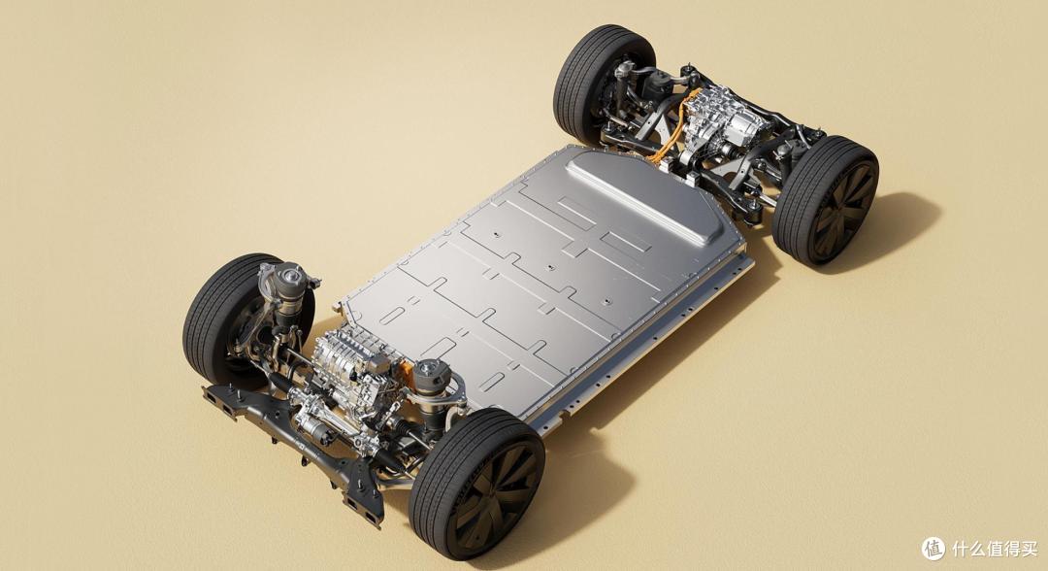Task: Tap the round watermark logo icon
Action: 933,549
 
